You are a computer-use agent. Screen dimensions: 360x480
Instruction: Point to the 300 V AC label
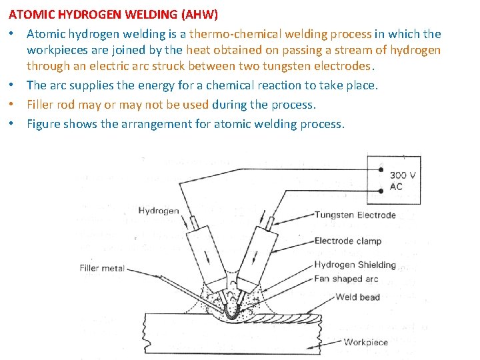403,181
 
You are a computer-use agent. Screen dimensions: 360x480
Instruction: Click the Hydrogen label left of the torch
159,211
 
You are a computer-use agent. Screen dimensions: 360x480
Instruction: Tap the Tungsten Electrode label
355,215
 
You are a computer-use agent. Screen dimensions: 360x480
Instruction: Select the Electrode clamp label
348,241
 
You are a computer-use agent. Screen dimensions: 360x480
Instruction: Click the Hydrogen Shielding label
355,265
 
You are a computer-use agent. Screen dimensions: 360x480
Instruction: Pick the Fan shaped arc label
346,279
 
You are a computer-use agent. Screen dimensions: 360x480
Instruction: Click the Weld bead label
358,297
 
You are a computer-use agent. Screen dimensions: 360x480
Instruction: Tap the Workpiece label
365,342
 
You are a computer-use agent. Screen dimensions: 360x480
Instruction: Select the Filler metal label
102,269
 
